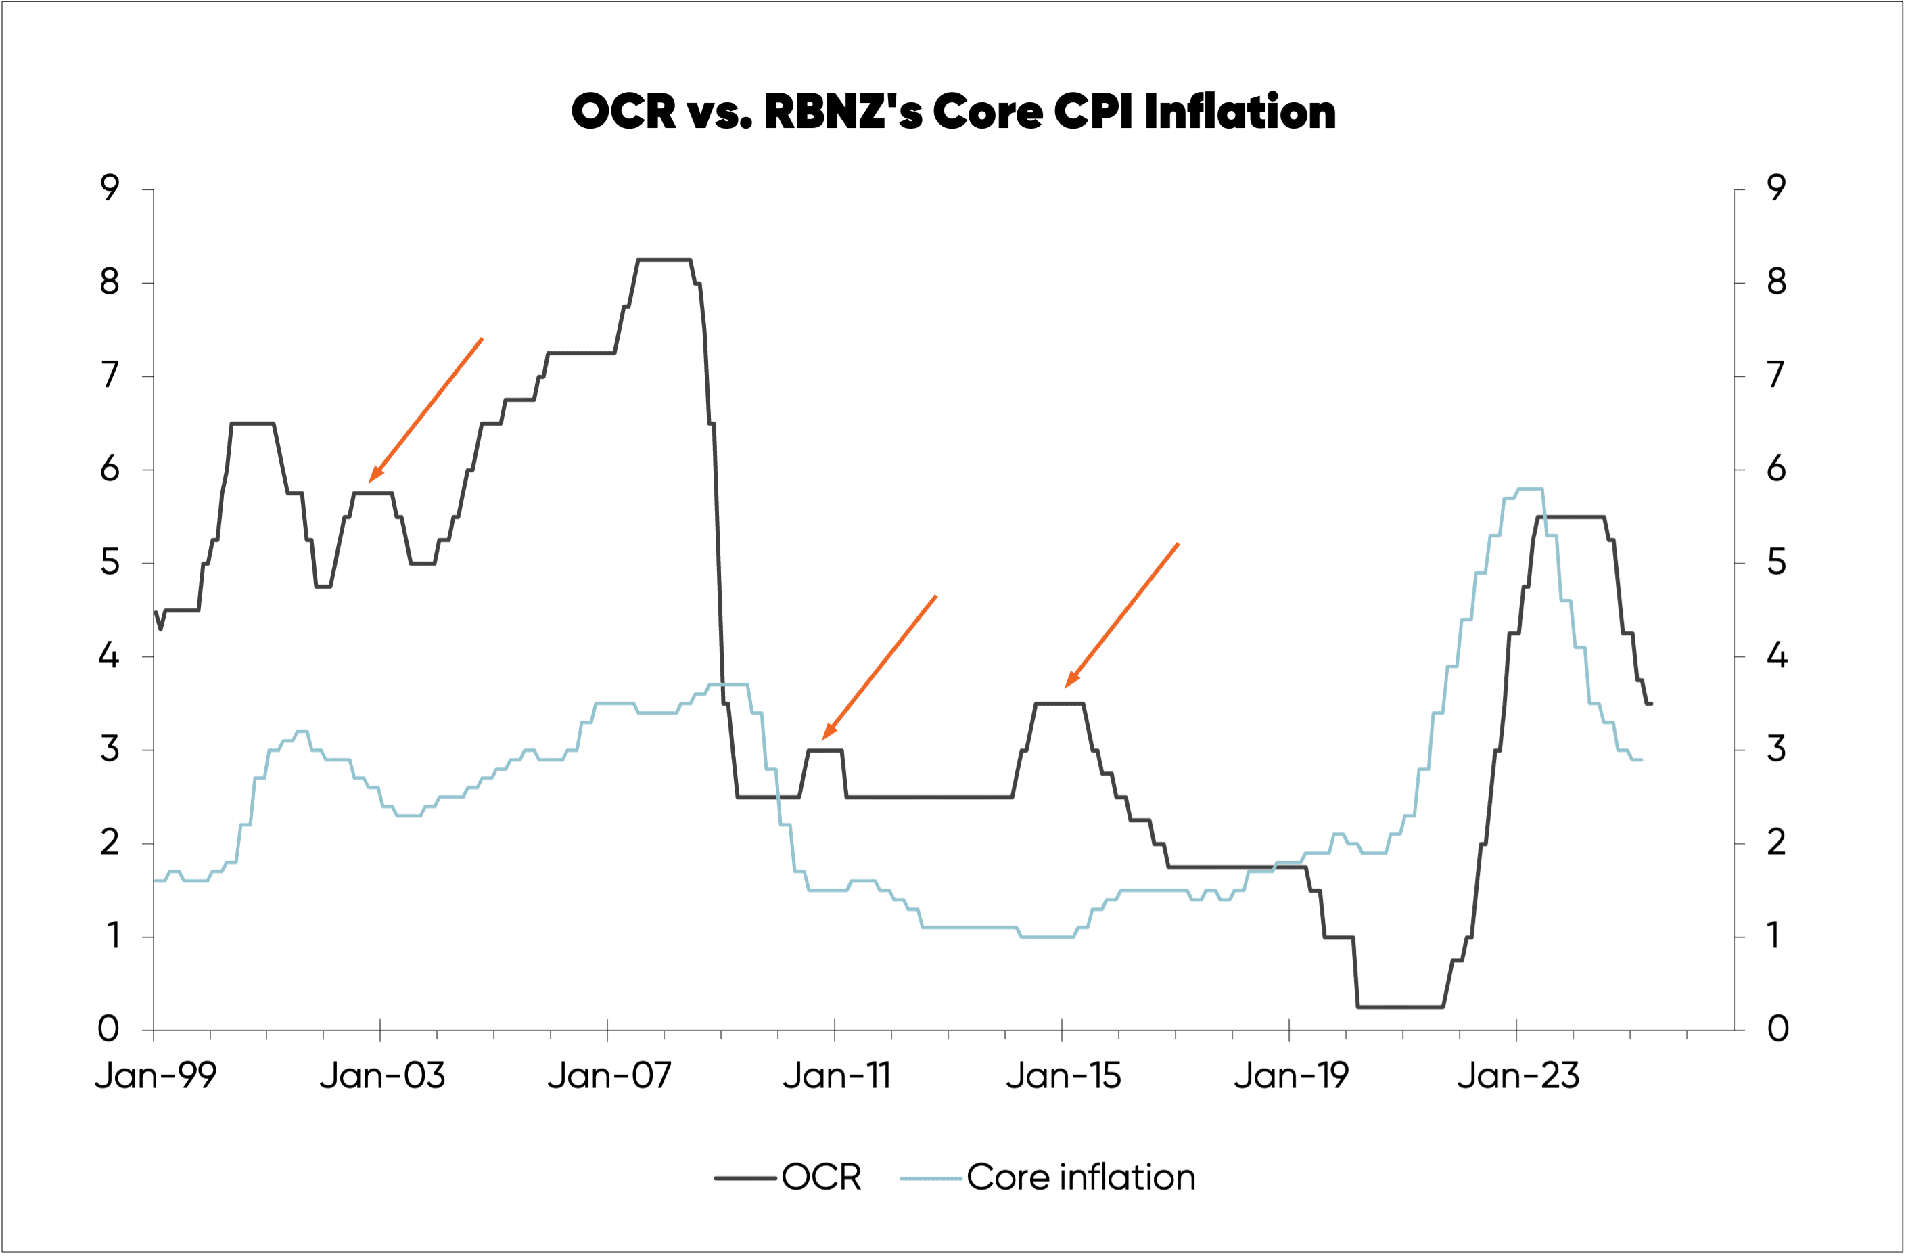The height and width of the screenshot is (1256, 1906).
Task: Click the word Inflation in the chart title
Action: [x=1240, y=112]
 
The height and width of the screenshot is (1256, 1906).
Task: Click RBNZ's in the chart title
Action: [x=843, y=112]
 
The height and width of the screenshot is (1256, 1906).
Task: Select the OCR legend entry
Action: [x=821, y=1177]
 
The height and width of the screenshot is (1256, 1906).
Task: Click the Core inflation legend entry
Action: [x=1080, y=1177]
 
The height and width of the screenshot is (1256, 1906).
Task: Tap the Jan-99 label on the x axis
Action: [x=156, y=1076]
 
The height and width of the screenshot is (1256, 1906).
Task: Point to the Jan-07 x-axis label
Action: [x=609, y=1076]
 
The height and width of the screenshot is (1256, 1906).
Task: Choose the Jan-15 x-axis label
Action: [x=1063, y=1076]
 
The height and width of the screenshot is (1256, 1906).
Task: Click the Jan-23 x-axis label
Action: [x=1518, y=1076]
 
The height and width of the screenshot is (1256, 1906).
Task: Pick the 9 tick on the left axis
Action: [x=110, y=188]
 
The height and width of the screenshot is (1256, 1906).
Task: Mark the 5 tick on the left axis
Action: [x=110, y=563]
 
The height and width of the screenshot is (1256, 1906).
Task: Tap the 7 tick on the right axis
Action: [x=1776, y=376]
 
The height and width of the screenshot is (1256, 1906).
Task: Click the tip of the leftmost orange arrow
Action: [x=369, y=483]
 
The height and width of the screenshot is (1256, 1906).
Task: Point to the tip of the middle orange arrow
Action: [x=823, y=738]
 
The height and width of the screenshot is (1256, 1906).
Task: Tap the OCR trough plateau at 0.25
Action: [x=1401, y=1007]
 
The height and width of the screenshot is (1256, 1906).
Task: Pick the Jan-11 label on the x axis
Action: [x=837, y=1076]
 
